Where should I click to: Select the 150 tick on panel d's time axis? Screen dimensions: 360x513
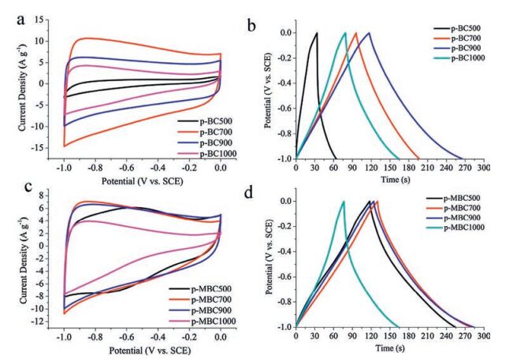tap(389, 336)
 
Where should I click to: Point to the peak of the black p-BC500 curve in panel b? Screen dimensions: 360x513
tap(317, 33)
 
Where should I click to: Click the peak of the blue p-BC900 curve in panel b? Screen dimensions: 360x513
tap(367, 33)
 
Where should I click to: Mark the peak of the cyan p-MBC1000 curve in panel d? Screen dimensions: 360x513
tap(344, 201)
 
